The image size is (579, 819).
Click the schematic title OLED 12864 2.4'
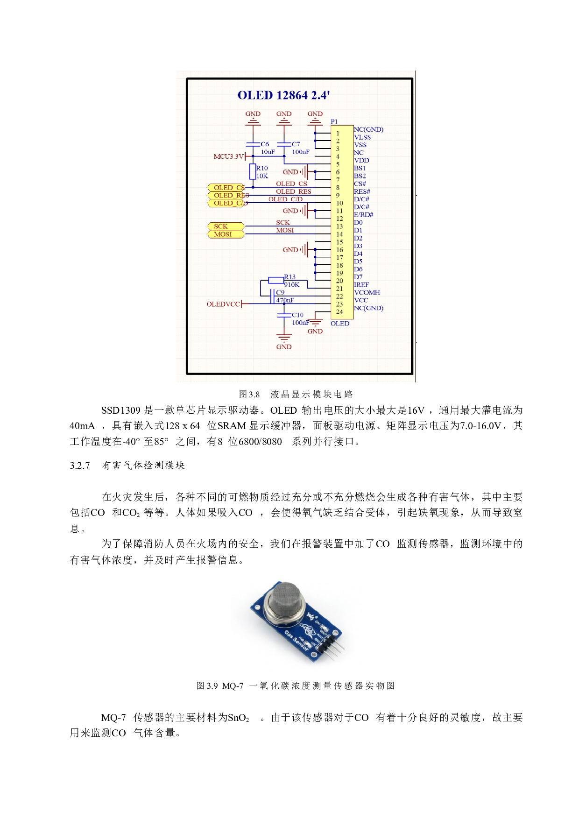click(x=283, y=95)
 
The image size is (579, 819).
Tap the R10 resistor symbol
click(x=253, y=172)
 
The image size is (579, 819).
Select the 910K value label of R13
click(x=292, y=285)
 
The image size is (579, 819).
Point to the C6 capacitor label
click(x=265, y=144)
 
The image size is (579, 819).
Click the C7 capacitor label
click(x=296, y=144)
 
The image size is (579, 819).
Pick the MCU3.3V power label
click(x=228, y=156)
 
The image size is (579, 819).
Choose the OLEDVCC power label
click(x=223, y=304)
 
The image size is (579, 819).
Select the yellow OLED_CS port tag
click(x=226, y=188)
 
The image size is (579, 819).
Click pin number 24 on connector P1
click(x=339, y=312)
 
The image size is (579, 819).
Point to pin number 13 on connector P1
click(x=339, y=226)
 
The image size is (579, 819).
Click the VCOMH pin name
click(x=367, y=293)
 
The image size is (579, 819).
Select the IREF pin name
click(x=361, y=285)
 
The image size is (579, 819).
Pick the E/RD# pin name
click(x=364, y=215)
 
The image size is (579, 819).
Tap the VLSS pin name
click(x=362, y=137)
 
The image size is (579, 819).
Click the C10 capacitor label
click(x=297, y=315)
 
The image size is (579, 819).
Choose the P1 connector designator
click(x=334, y=121)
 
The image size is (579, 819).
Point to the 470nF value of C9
click(x=285, y=300)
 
